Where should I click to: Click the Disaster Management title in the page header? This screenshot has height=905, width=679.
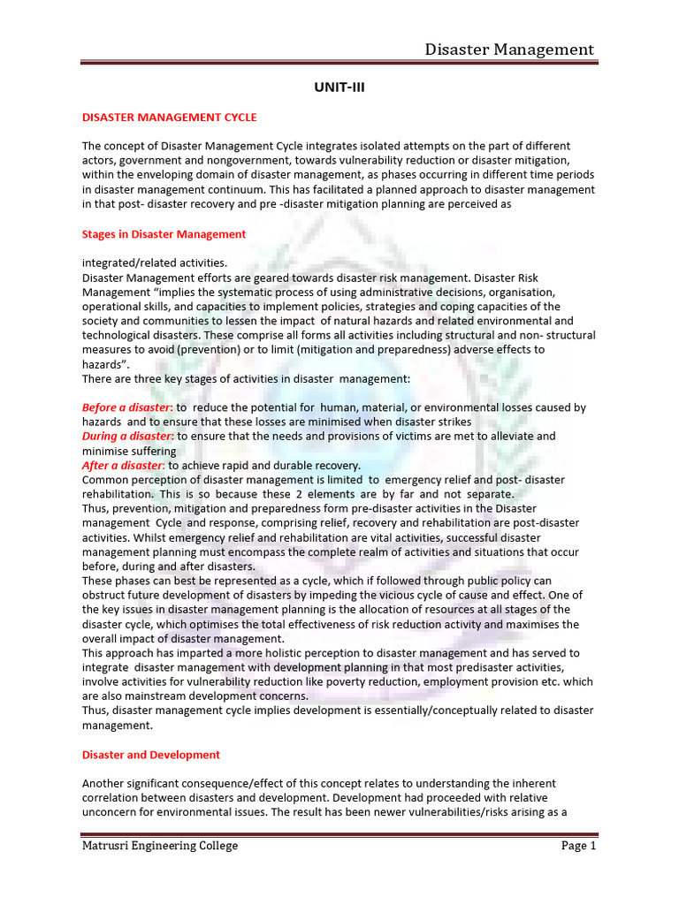coord(509,49)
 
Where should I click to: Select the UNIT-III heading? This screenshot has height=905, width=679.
coord(339,89)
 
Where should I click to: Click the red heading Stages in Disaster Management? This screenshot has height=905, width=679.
coord(164,234)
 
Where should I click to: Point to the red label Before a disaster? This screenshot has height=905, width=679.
coord(126,407)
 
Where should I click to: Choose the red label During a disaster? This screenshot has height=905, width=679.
coord(127,436)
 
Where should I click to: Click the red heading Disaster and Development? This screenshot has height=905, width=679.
coord(150,755)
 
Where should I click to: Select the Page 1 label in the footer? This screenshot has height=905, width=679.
coord(579,846)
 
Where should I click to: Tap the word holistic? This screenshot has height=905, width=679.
coord(271,653)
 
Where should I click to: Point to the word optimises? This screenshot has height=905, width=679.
coord(189,624)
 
